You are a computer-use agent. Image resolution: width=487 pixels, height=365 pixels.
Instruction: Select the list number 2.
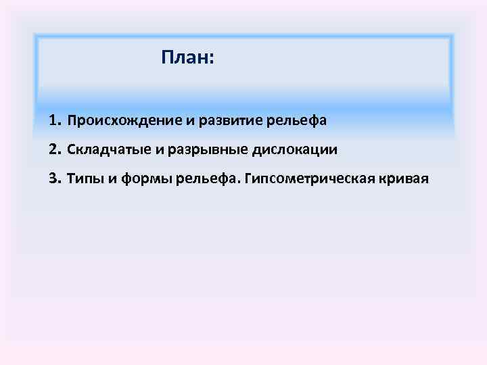(53, 149)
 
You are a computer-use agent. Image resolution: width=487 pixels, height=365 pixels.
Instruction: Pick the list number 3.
(53, 178)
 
